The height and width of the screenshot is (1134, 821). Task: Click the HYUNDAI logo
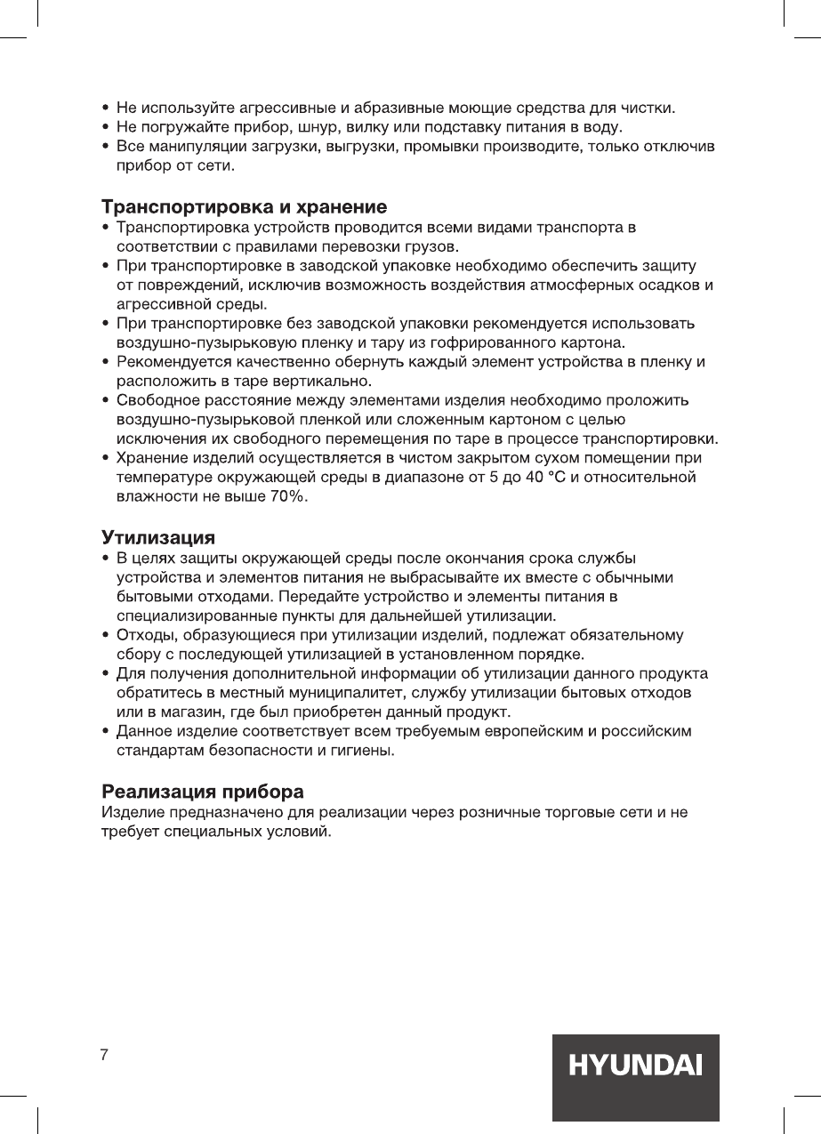pyautogui.click(x=635, y=1066)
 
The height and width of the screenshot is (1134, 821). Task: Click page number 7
pyautogui.click(x=104, y=1055)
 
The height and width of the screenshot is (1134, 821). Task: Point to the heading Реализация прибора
pyautogui.click(x=203, y=791)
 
